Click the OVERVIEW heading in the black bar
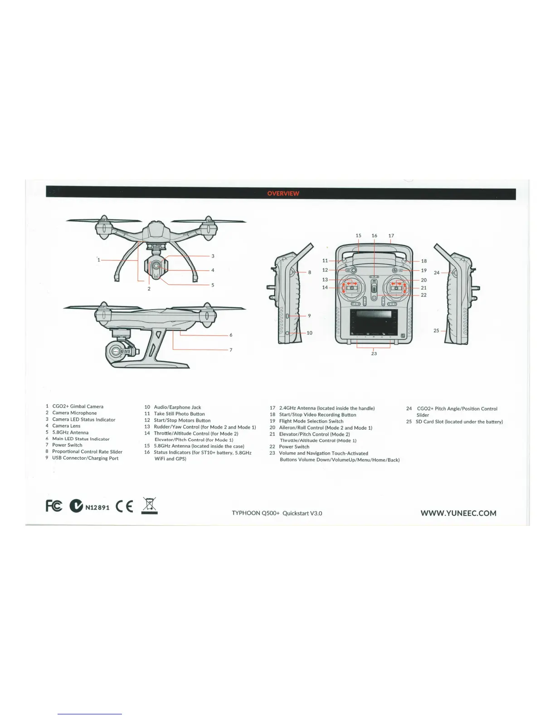(x=283, y=194)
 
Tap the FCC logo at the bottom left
(x=54, y=506)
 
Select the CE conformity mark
(x=125, y=507)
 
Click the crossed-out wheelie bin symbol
(x=150, y=505)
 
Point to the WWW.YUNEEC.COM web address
(x=458, y=513)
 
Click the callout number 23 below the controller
(x=374, y=354)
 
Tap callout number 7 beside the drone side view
(x=231, y=350)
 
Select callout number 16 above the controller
(x=374, y=236)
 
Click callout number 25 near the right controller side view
(x=436, y=330)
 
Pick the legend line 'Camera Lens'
(x=66, y=426)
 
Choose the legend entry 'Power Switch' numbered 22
(x=294, y=446)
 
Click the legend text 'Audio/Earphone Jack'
(x=177, y=407)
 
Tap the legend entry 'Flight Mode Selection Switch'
(x=311, y=421)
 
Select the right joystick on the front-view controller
(x=396, y=287)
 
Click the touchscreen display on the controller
(x=374, y=322)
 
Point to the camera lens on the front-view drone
(x=156, y=265)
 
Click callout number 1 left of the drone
(x=98, y=260)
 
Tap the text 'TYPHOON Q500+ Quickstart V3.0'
(x=277, y=513)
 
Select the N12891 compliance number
(x=97, y=507)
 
